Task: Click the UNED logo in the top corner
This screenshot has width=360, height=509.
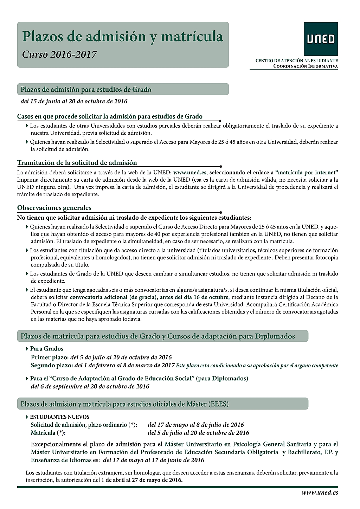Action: tap(321, 39)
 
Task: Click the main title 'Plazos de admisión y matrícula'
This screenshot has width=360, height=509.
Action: tap(122, 37)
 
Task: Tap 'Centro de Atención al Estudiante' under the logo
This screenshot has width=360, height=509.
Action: tap(297, 61)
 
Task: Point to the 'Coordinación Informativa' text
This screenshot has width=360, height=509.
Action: tap(306, 66)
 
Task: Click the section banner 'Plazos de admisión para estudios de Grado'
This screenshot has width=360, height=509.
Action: tap(86, 90)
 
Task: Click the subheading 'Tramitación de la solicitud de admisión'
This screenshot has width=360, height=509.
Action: tap(77, 163)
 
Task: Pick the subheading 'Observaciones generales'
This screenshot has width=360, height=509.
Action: tap(54, 208)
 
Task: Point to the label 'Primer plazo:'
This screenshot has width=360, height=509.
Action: tap(50, 357)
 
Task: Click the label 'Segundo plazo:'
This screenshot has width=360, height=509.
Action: tap(52, 365)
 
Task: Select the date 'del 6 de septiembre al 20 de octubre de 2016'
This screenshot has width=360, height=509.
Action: tap(90, 386)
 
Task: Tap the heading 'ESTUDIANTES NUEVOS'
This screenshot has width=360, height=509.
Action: tap(59, 417)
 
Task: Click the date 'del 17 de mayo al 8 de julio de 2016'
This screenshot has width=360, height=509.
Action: tap(196, 425)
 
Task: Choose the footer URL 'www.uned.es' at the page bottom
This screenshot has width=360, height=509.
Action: tap(320, 492)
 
